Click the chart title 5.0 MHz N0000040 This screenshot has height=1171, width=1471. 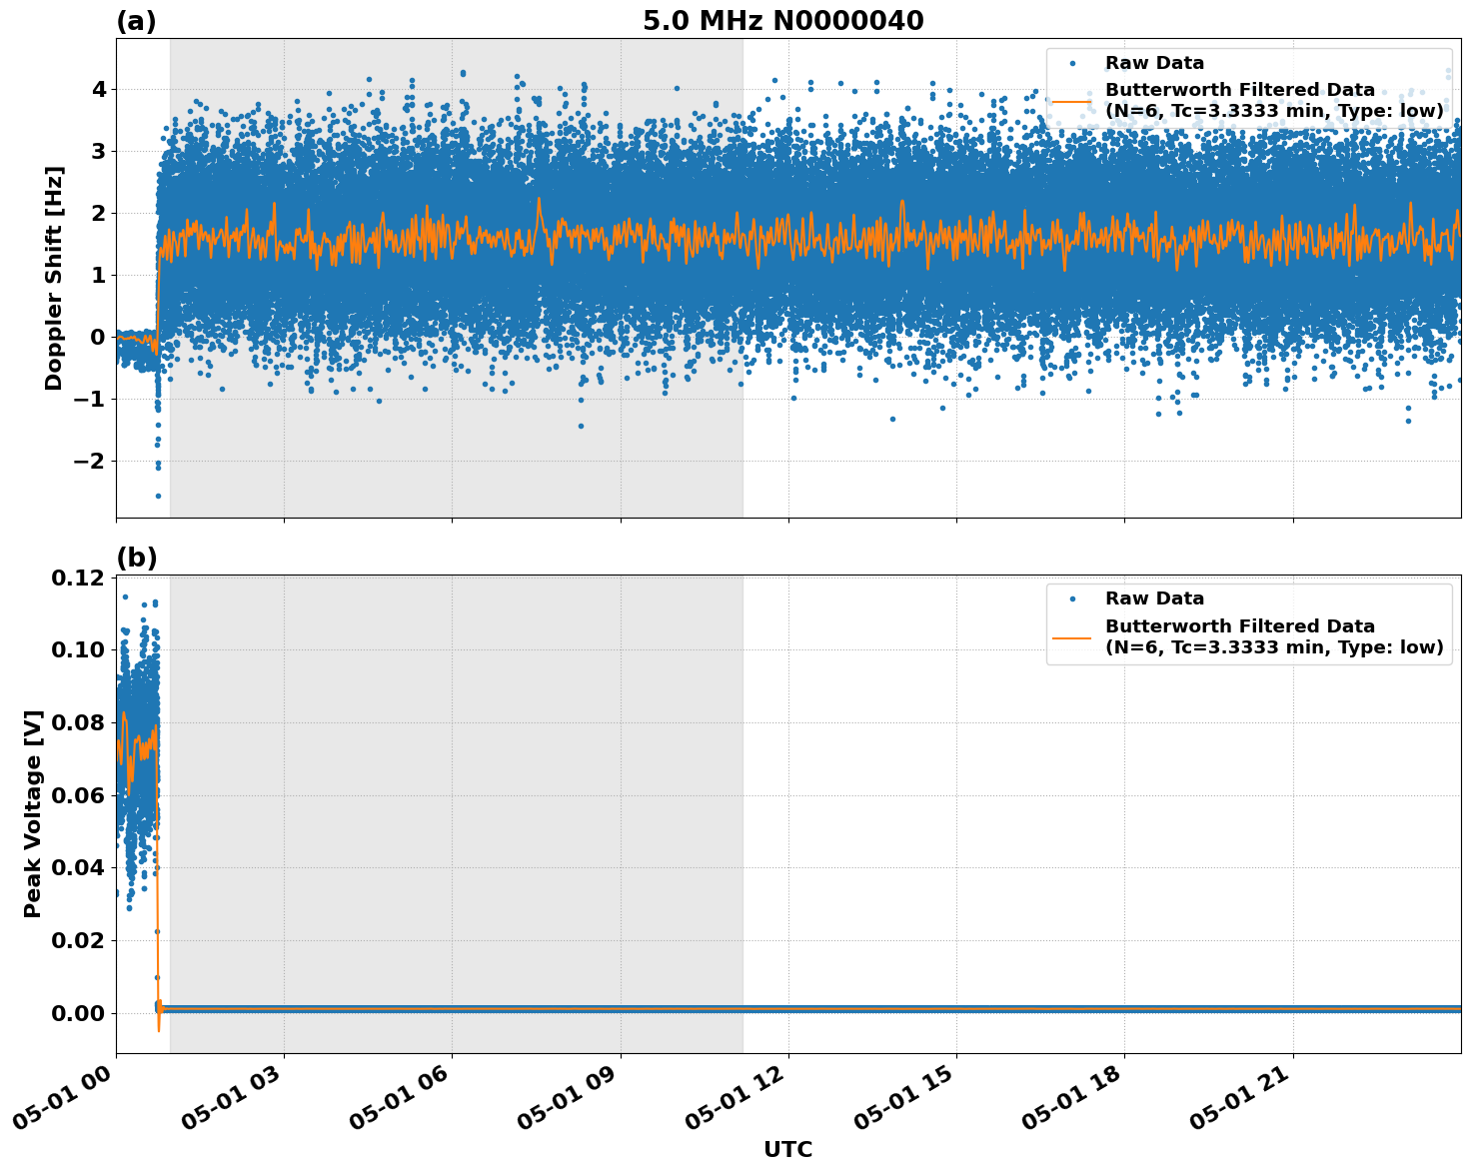click(782, 21)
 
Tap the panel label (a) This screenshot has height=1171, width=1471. click(136, 21)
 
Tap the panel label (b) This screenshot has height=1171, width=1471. click(136, 558)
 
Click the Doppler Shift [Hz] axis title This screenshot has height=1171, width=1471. click(54, 278)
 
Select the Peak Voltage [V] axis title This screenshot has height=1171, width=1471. click(33, 813)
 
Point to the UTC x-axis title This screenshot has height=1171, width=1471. click(787, 1149)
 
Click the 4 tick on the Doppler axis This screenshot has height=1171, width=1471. click(98, 90)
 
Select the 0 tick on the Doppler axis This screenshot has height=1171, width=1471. click(98, 338)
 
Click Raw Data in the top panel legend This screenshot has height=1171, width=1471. click(1154, 63)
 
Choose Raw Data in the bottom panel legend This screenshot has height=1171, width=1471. click(1154, 598)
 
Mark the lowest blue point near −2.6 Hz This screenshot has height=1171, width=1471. click(158, 496)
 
